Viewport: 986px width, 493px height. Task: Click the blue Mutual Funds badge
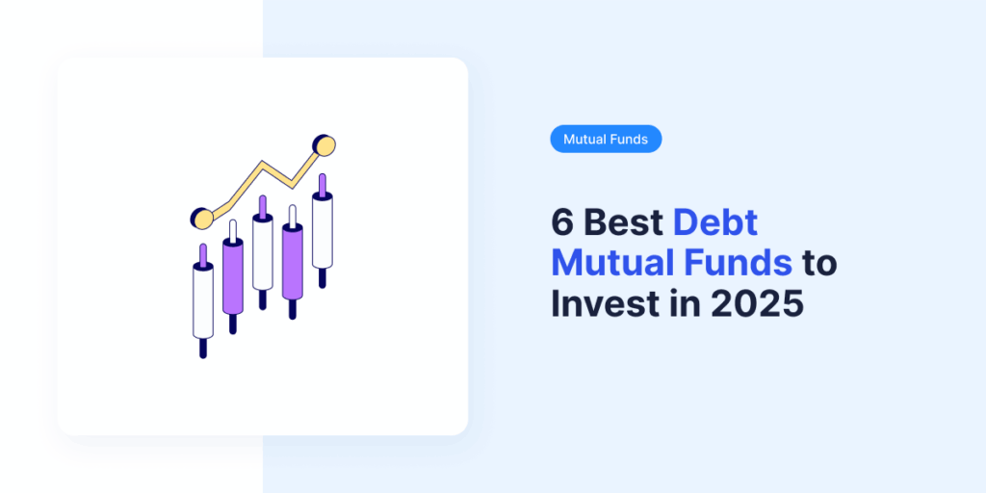click(606, 140)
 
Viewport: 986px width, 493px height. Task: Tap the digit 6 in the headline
click(560, 222)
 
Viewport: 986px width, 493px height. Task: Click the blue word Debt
click(715, 222)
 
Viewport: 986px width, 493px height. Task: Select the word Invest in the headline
click(606, 303)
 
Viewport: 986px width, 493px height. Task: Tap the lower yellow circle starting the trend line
click(201, 219)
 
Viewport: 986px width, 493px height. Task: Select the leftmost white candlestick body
click(203, 300)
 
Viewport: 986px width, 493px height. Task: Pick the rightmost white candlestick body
click(323, 231)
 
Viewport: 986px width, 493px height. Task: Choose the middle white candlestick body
click(262, 252)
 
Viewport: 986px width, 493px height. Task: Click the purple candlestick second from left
click(232, 276)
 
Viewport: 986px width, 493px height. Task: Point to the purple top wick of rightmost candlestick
click(323, 183)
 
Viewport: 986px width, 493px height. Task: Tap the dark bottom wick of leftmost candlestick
click(203, 348)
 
